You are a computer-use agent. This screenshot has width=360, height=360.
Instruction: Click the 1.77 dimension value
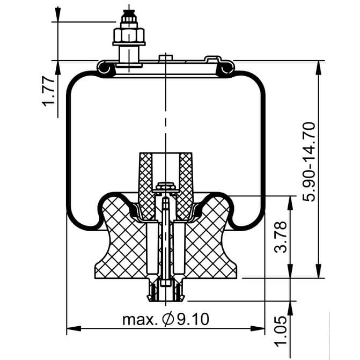coord(48,92)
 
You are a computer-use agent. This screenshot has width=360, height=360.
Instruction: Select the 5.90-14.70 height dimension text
coord(308,162)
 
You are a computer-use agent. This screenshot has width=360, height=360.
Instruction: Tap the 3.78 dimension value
coord(281,237)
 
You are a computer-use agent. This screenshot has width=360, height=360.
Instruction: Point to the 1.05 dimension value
coord(281,332)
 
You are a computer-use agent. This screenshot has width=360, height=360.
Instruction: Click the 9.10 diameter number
coord(193,319)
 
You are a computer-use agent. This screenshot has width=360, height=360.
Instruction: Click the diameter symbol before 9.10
coord(168,319)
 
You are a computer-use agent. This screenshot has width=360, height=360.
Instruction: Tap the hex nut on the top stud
coord(129,35)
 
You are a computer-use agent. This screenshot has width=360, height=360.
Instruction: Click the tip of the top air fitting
coord(129,11)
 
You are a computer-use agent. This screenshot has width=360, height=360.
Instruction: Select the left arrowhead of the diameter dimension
coord(74,328)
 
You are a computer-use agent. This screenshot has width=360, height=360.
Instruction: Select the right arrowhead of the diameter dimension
coord(258,328)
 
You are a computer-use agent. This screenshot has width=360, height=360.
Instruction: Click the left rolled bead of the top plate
coord(105,68)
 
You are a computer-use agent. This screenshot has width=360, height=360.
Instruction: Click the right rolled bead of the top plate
coord(227,68)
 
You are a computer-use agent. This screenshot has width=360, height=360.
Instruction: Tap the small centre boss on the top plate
coord(166,57)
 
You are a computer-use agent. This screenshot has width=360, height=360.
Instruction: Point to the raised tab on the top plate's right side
coord(213,59)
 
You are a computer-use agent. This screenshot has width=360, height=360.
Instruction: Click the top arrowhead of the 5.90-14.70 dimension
coord(319,68)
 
